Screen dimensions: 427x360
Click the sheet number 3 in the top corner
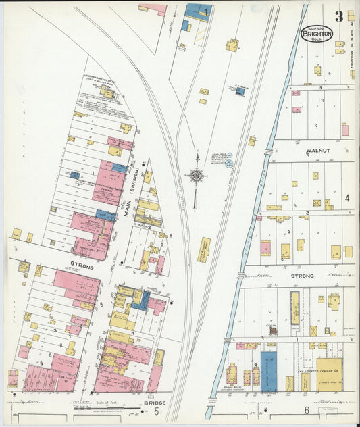(x=338, y=16)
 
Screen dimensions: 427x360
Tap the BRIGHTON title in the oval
(x=316, y=32)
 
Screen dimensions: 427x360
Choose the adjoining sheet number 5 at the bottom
(x=156, y=411)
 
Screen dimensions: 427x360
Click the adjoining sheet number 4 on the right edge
(x=347, y=198)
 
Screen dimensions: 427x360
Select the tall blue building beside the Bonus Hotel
(x=268, y=370)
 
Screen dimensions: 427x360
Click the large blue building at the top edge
(x=198, y=11)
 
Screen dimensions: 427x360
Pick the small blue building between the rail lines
(x=239, y=91)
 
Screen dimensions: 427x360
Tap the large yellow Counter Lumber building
(x=329, y=374)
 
